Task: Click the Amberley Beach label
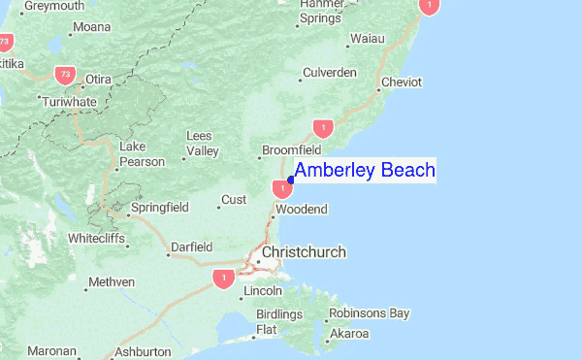(365, 171)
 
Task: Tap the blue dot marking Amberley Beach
(291, 180)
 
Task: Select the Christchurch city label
(304, 252)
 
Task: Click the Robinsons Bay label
(369, 313)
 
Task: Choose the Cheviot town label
(402, 82)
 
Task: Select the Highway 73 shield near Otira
(65, 73)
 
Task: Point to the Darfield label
(191, 247)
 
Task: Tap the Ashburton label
(143, 351)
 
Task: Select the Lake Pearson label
(141, 154)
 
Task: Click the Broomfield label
(294, 151)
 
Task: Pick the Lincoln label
(263, 291)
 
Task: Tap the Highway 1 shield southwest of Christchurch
(224, 278)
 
